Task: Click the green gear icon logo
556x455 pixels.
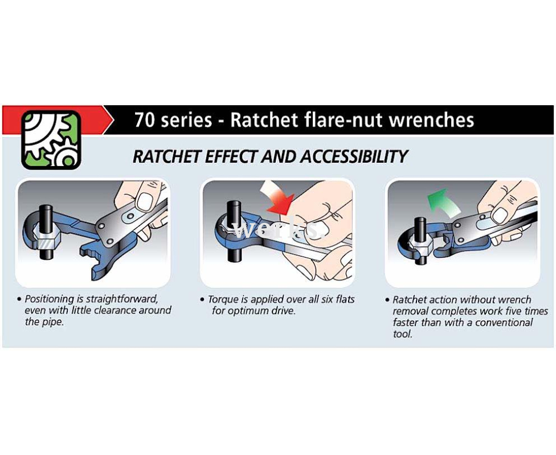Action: pyautogui.click(x=51, y=139)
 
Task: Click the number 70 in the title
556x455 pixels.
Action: pyautogui.click(x=144, y=120)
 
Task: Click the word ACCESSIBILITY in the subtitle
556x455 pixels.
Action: pyautogui.click(x=354, y=156)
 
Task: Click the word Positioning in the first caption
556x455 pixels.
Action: pyautogui.click(x=50, y=299)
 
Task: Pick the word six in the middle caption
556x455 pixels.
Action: pyautogui.click(x=328, y=300)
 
